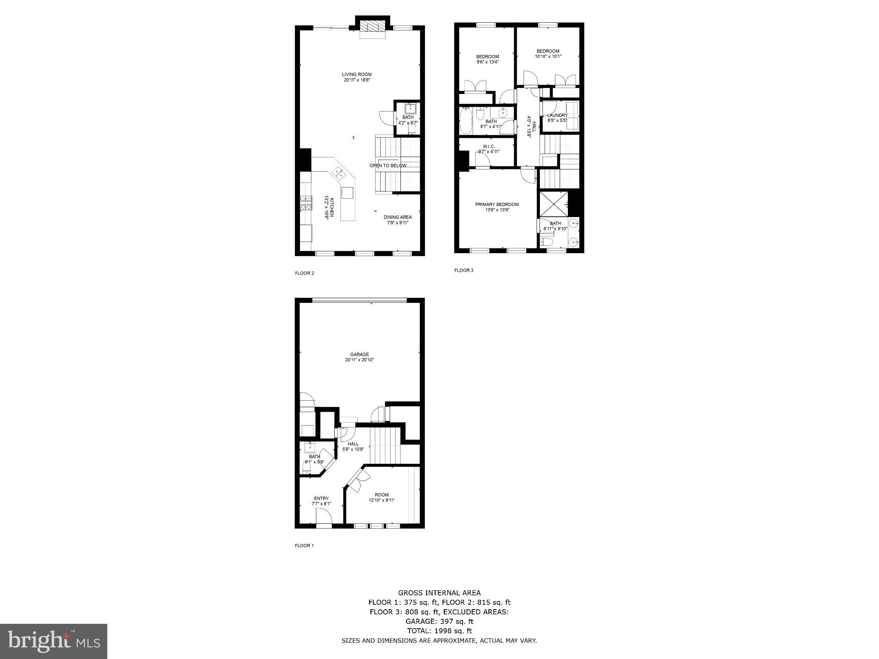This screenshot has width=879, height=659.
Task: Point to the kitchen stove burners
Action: point(306,203)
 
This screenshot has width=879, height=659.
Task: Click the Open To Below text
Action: point(388,166)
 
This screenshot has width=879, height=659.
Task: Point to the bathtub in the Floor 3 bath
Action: point(465,121)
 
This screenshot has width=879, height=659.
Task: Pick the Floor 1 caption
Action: point(304,546)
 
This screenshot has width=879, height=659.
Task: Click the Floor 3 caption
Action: point(464,270)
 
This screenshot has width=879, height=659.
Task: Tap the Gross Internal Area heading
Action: point(439,593)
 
